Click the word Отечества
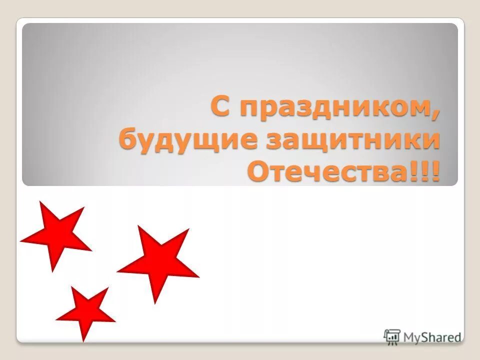click(x=329, y=171)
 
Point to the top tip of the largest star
click(x=139, y=226)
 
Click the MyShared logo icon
click(x=392, y=336)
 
